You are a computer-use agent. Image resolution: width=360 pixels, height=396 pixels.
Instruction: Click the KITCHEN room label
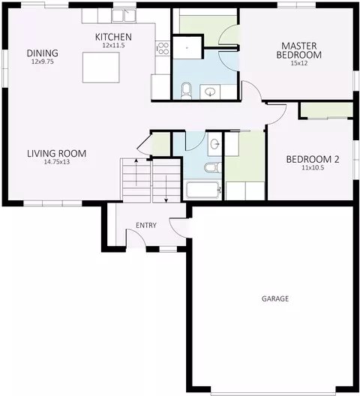(x=113, y=37)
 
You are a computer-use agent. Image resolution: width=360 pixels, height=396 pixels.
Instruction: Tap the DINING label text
(x=43, y=53)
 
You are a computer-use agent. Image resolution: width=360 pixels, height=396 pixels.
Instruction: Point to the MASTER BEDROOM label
(x=298, y=50)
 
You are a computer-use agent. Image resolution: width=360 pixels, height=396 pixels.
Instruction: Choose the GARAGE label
(x=275, y=298)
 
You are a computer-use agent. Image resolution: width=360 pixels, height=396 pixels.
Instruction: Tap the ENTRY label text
(x=145, y=226)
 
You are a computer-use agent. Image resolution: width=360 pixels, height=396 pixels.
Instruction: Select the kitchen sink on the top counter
(x=121, y=15)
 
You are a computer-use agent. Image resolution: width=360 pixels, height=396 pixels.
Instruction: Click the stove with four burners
(x=160, y=49)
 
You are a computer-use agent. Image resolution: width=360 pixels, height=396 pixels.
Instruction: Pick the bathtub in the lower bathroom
(x=202, y=190)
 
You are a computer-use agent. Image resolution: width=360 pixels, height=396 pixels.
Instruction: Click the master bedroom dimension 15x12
(x=298, y=64)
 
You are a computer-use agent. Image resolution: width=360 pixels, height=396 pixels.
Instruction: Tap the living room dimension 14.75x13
(x=56, y=162)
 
